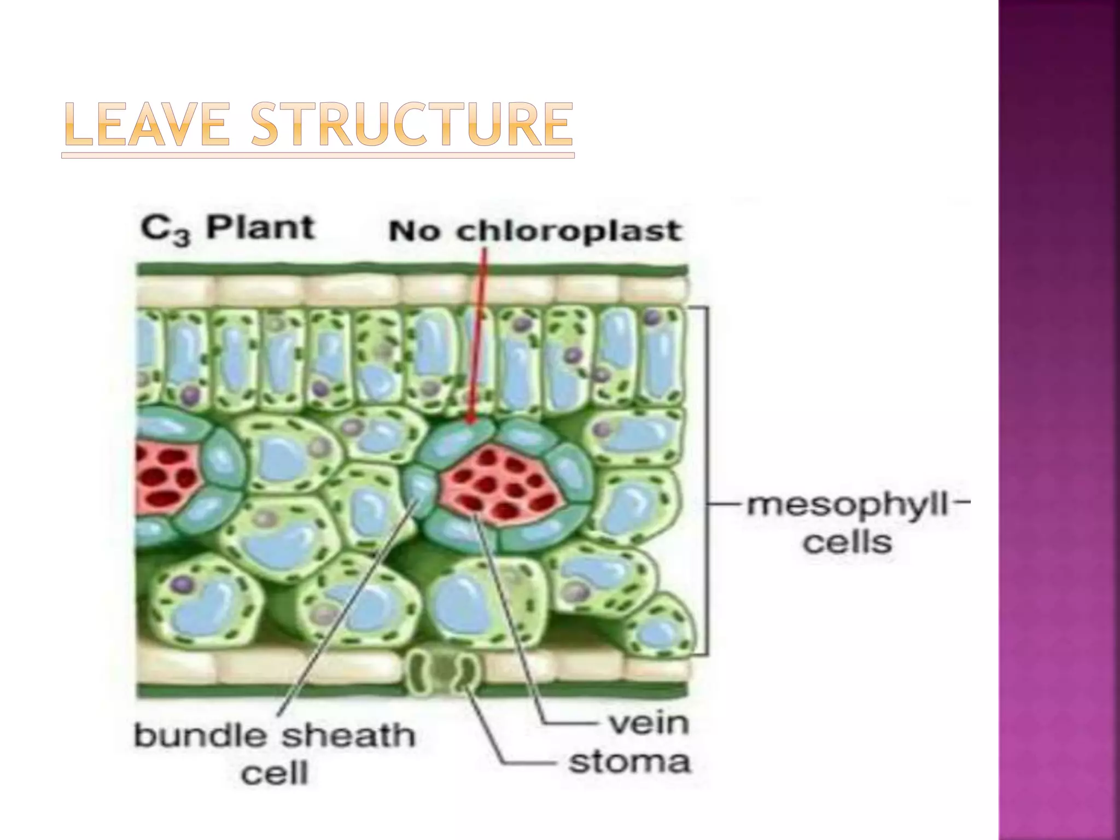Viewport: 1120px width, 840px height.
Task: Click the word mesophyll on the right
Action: click(x=847, y=505)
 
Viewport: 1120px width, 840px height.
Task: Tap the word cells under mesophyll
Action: click(x=847, y=542)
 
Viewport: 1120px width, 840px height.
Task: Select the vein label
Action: click(x=649, y=724)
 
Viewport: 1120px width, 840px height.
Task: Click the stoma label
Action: click(x=629, y=762)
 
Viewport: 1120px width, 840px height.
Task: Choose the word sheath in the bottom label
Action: click(x=348, y=736)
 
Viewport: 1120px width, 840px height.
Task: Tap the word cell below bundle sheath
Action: click(x=275, y=773)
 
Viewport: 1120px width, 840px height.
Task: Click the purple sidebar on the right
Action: click(x=1059, y=420)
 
